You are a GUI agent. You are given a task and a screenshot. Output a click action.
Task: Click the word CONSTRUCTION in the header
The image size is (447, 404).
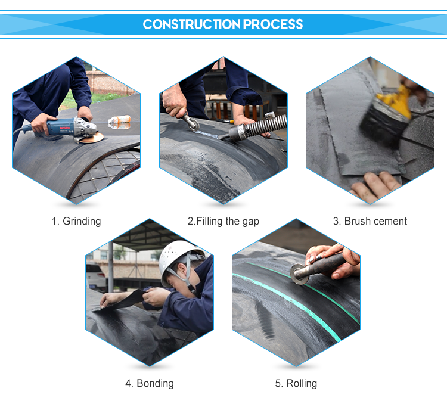tap(191, 24)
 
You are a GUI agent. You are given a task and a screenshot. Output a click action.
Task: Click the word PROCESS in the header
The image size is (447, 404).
tap(273, 24)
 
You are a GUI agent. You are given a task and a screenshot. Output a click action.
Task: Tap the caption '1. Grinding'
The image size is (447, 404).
tap(76, 221)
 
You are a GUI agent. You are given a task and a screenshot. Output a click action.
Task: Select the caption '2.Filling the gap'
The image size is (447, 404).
tap(223, 221)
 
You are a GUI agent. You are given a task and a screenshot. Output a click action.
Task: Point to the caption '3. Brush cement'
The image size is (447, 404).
tap(370, 221)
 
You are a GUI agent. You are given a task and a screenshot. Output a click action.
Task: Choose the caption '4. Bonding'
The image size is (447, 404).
tap(150, 383)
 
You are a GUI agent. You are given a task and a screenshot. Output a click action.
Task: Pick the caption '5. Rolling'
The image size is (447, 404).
tap(296, 383)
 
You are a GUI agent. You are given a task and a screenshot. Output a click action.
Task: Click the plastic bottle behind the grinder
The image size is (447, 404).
tap(119, 122)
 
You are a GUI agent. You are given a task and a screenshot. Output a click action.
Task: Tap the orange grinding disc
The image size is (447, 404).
tap(91, 138)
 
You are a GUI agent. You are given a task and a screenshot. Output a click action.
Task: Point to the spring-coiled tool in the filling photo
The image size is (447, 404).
tap(256, 126)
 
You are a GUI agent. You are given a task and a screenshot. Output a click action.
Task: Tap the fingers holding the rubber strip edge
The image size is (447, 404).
tap(374, 185)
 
